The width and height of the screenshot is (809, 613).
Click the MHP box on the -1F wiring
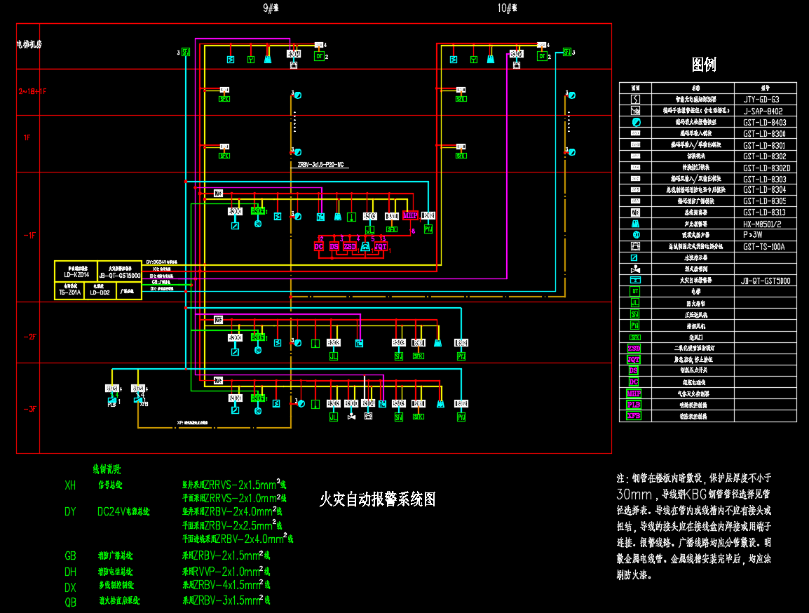pos(410,215)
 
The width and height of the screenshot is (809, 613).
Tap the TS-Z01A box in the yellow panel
pos(69,292)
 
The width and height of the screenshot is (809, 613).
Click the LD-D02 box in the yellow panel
pos(99,292)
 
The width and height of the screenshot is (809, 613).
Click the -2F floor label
pos(29,337)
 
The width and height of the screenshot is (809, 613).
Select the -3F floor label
pos(29,409)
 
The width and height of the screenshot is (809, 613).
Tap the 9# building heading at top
pos(271,8)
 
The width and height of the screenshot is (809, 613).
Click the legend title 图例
pos(703,65)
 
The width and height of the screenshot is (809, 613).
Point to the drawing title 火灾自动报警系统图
pos(377,499)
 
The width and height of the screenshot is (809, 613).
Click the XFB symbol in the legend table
pos(634,416)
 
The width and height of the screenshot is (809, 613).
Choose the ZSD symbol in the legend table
pos(634,348)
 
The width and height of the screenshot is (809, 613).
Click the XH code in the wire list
pos(70,485)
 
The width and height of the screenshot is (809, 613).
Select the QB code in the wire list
pos(70,602)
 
